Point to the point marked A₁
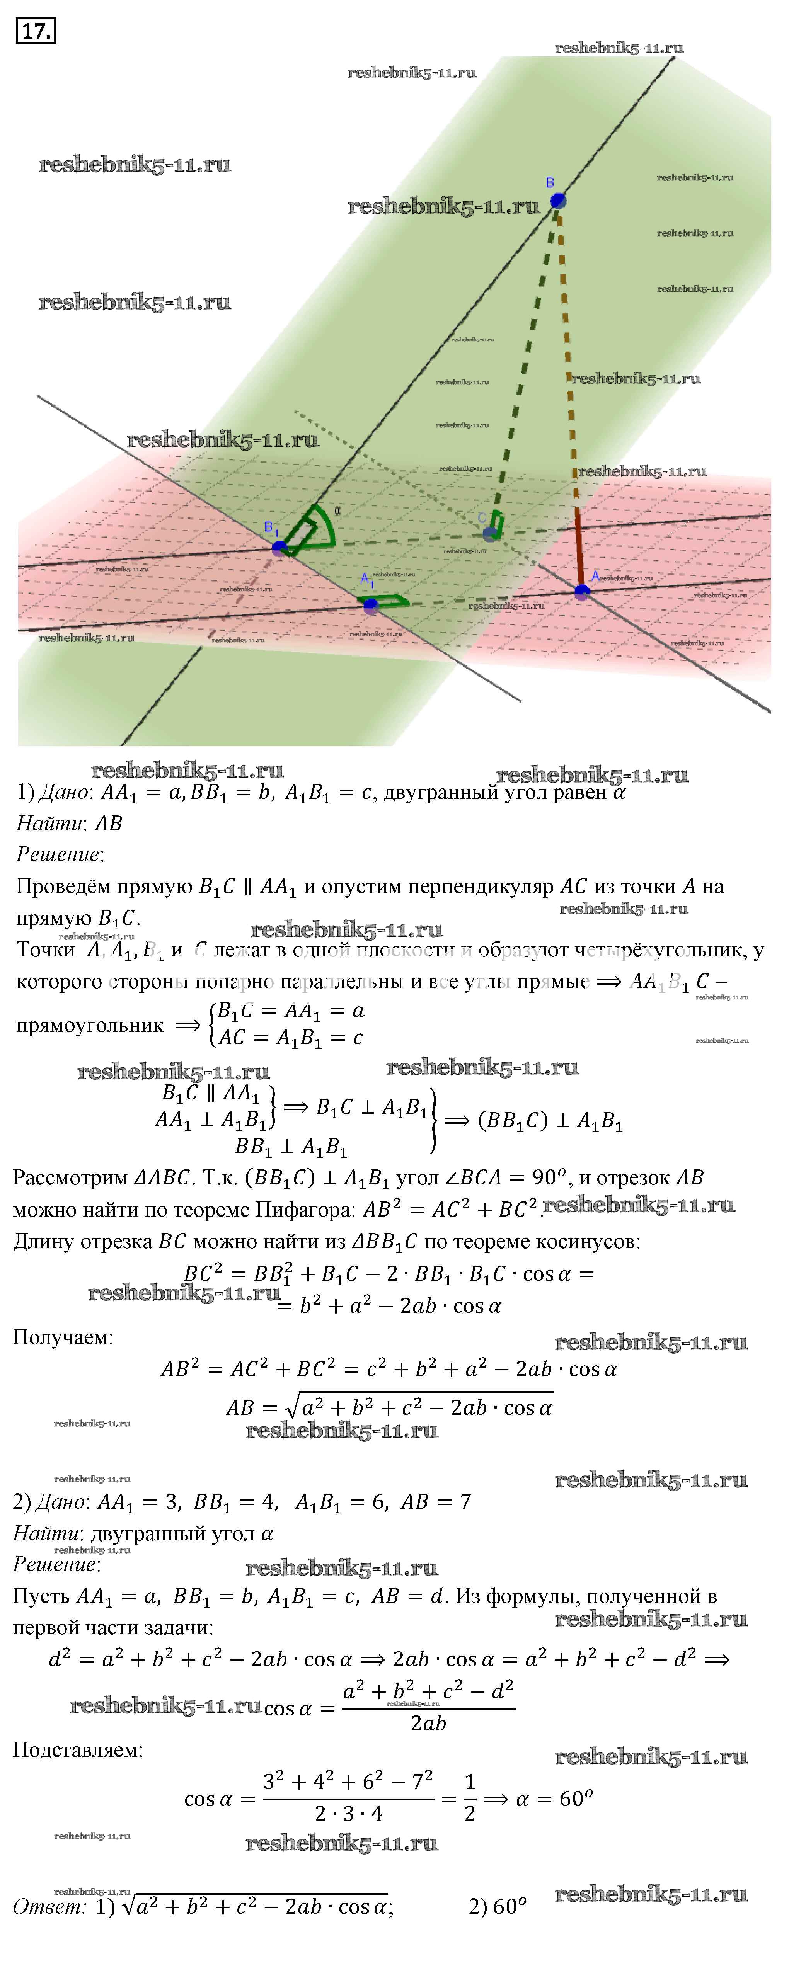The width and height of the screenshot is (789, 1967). click(371, 606)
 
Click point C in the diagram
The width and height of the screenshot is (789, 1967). click(489, 534)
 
